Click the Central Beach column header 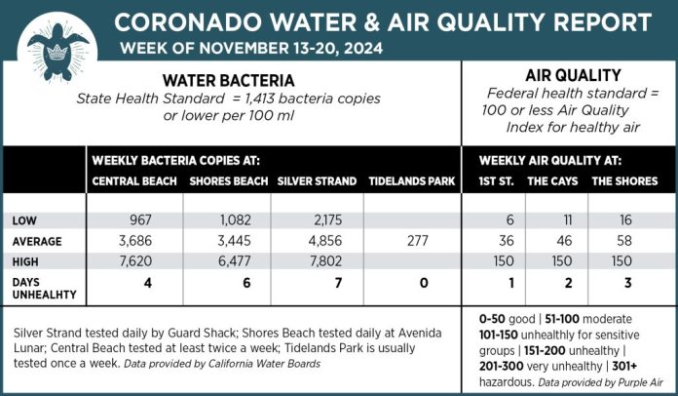[x=134, y=181]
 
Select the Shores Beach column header [x=229, y=181]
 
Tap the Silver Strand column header [x=317, y=181]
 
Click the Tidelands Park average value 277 [x=413, y=240]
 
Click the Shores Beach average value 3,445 [x=231, y=240]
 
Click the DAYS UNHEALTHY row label [x=38, y=286]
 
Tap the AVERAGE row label [x=37, y=240]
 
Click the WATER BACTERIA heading [x=228, y=80]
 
